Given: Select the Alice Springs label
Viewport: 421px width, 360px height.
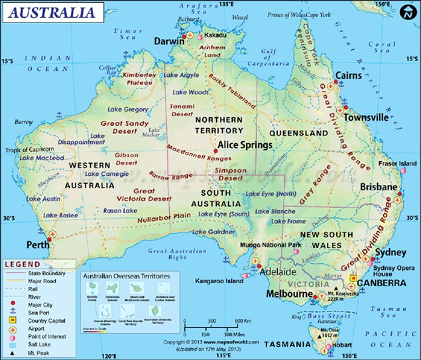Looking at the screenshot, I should coord(245,145).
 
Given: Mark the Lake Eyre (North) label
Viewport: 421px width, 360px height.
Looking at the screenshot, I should coord(271,194).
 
